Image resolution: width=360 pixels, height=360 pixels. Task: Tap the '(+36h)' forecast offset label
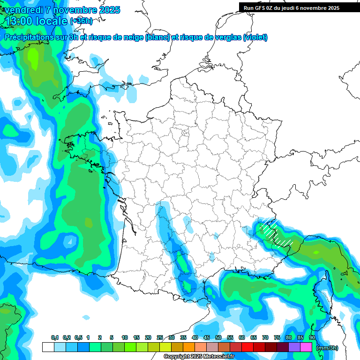coord(81,21)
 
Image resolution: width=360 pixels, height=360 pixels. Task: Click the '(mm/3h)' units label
coord(327,348)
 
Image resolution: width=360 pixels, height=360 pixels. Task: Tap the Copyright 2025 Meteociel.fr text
coord(199,357)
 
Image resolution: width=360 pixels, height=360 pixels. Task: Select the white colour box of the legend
coord(48,347)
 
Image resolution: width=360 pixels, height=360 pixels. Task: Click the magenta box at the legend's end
coord(306,347)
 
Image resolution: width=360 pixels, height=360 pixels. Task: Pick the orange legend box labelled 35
coord(188,347)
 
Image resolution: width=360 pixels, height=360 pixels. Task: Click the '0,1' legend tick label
coord(55,338)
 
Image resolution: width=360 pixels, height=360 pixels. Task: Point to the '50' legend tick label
coord(218,338)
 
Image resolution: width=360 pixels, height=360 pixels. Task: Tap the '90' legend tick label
coord(312,338)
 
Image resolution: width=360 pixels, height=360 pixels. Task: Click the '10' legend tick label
coord(125,338)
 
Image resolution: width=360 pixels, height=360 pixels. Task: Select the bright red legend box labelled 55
coord(236,347)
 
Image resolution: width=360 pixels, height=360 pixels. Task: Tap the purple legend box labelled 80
coord(294,347)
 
